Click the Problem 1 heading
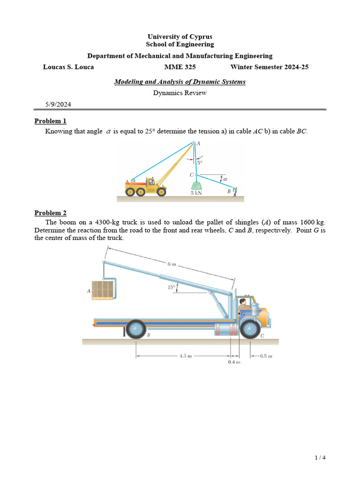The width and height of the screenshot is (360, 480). (51, 121)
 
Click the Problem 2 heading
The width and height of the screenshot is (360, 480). (51, 213)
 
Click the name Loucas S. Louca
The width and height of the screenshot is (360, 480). (68, 67)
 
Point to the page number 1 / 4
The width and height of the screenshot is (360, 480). (320, 458)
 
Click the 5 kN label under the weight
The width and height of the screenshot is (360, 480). (196, 193)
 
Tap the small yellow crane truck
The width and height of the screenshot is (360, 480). (146, 187)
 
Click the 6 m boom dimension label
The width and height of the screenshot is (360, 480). (172, 264)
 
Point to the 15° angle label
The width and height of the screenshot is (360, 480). (172, 288)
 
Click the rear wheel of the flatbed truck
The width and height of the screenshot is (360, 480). (136, 329)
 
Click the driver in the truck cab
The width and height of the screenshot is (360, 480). (243, 304)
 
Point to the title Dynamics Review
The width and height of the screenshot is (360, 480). (180, 93)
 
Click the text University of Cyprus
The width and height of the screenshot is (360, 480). (180, 37)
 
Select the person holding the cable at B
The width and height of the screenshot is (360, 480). (236, 192)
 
